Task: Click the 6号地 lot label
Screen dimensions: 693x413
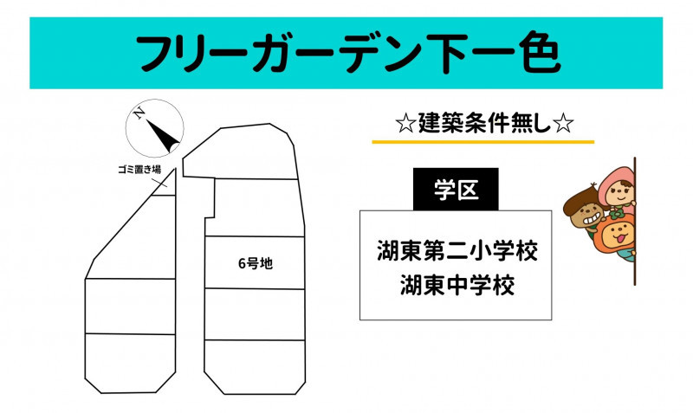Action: [x=256, y=263]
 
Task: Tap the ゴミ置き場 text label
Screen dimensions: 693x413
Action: [x=139, y=169]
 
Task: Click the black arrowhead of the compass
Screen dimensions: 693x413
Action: [x=163, y=136]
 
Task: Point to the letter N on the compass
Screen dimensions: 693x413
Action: [x=139, y=113]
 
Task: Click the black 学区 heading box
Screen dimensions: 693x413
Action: [x=456, y=189]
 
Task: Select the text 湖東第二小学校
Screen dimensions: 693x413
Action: [x=457, y=250]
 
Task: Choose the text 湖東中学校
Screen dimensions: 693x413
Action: [x=457, y=285]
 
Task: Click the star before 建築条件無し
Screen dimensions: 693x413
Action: [x=405, y=124]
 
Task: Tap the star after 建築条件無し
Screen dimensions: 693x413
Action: [x=563, y=124]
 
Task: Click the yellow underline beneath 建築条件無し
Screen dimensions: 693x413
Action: [x=483, y=142]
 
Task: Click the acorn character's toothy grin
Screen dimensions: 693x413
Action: [x=593, y=218]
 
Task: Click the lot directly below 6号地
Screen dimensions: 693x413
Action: [x=255, y=314]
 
